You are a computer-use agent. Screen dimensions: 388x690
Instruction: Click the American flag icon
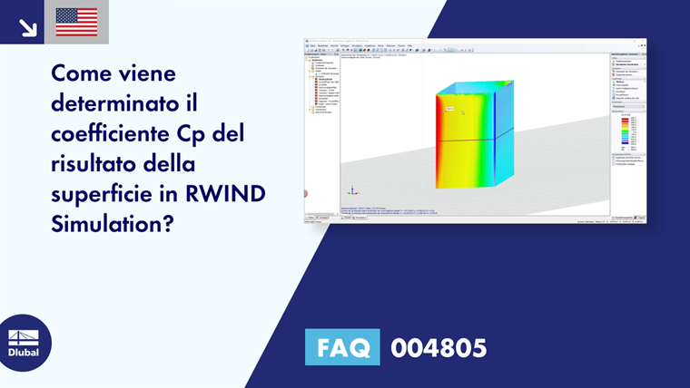[76, 22]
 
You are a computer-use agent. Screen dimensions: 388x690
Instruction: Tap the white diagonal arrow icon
[27, 26]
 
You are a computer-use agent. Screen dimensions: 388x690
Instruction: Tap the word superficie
[102, 194]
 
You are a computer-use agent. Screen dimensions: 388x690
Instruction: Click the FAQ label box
[342, 347]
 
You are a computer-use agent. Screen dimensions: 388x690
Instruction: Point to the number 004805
[439, 347]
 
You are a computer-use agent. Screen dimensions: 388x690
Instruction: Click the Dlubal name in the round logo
[24, 352]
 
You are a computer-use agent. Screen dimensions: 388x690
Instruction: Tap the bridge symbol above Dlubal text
[24, 336]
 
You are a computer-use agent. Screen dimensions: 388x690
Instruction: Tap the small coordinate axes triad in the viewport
[352, 190]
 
